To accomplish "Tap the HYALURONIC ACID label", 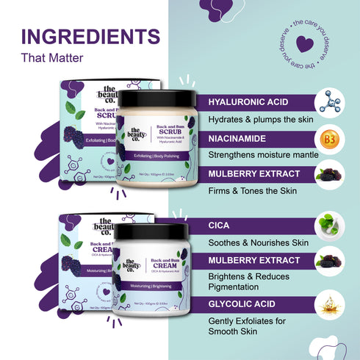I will pyautogui.click(x=248, y=102).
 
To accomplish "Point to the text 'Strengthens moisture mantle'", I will pyautogui.click(x=263, y=155).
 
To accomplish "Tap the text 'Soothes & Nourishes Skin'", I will pyautogui.click(x=257, y=240).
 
